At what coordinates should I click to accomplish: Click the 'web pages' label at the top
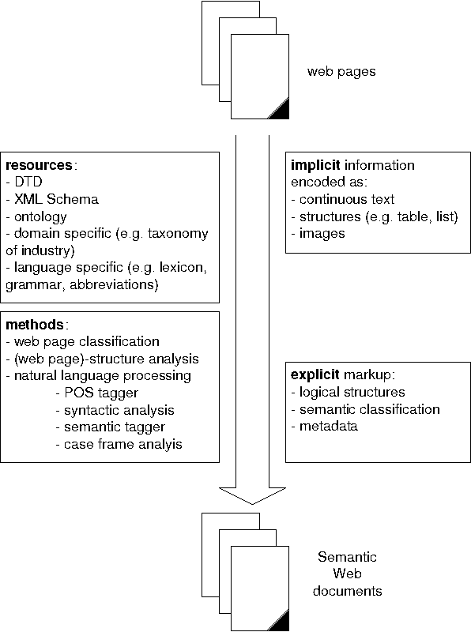pos(341,72)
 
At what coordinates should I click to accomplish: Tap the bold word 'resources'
pos(40,165)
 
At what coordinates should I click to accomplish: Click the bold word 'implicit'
pos(315,165)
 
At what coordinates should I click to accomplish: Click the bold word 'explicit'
pos(315,375)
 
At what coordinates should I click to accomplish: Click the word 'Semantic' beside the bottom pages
pos(341,557)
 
